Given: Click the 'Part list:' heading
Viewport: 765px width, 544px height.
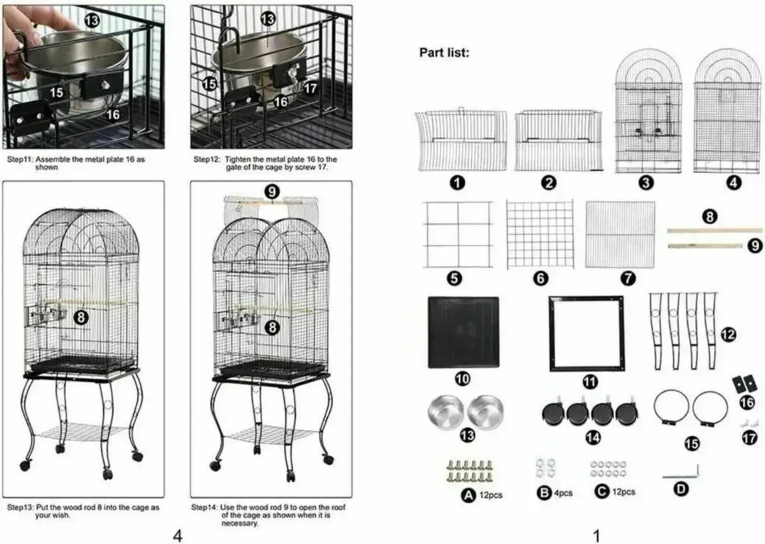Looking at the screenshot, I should (444, 52).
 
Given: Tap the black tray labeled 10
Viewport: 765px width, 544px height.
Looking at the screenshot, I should (463, 332).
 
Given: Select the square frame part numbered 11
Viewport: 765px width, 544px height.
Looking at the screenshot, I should (586, 333).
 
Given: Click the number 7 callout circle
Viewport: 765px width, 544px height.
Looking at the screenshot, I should (628, 278).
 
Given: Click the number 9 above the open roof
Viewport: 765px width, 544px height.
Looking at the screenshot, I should (272, 190).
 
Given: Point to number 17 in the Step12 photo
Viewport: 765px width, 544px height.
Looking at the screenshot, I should (309, 88).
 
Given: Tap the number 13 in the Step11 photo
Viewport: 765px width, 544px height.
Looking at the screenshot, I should (92, 22).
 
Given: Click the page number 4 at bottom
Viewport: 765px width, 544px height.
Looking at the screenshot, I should (178, 536).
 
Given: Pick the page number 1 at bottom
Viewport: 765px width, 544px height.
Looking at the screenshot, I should (596, 536).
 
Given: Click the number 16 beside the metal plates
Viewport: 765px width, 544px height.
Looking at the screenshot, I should (746, 403).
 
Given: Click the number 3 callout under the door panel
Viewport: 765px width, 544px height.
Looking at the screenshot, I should (646, 183).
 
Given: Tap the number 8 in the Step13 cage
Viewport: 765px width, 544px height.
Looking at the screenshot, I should (81, 317).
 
